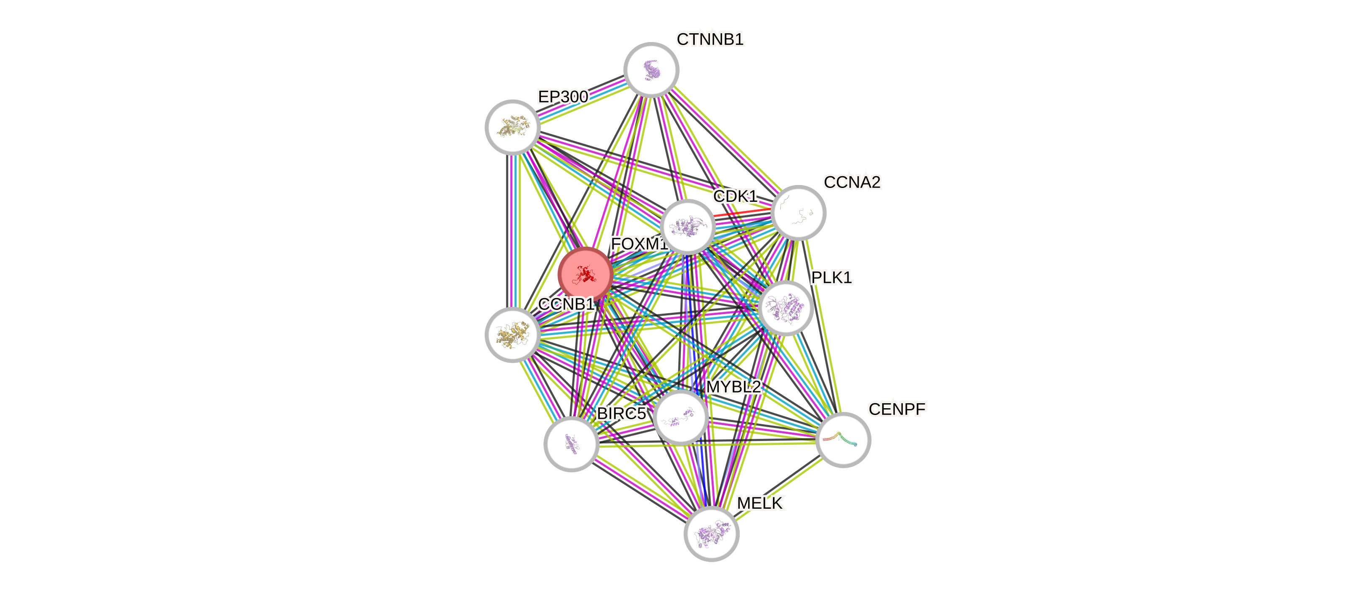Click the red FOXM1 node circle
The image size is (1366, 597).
585,274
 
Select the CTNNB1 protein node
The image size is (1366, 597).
651,70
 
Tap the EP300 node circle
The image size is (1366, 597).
513,127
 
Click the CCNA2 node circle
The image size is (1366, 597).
798,213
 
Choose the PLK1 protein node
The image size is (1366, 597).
786,307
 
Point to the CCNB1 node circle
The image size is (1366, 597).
513,335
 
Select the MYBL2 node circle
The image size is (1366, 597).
681,417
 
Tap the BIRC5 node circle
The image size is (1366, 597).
571,444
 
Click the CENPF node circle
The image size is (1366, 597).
843,439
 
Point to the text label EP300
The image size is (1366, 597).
563,97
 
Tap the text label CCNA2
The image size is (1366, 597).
852,182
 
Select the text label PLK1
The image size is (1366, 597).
831,277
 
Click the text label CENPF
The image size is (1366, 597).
897,409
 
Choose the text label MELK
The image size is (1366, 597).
760,503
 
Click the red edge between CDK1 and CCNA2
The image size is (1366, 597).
742,213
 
